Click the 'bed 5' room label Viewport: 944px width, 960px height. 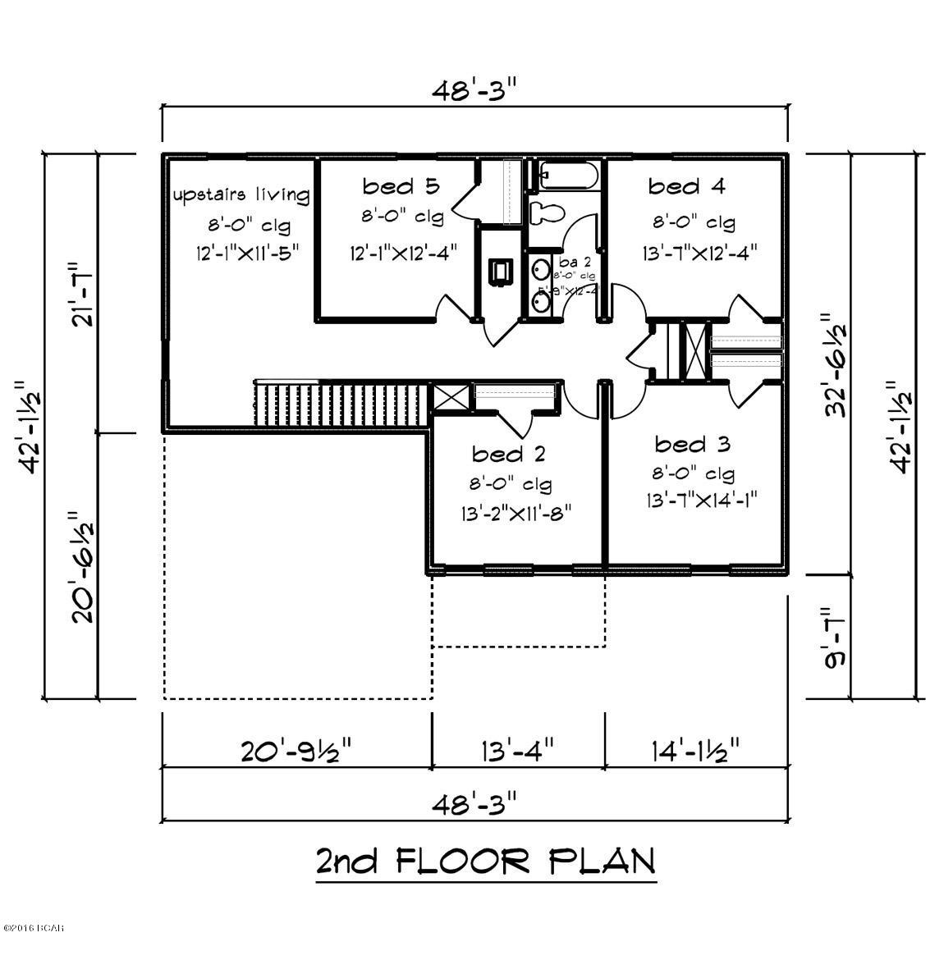(x=401, y=187)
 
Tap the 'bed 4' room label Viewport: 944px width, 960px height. (x=686, y=187)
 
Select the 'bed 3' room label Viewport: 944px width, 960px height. (x=692, y=445)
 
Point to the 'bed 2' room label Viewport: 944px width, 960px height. (x=509, y=454)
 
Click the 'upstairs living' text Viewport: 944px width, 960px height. (x=241, y=195)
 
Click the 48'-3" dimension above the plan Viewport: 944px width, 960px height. (x=474, y=90)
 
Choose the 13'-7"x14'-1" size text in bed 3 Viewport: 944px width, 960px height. (x=700, y=500)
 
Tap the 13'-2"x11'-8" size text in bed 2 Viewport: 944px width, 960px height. (x=516, y=514)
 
